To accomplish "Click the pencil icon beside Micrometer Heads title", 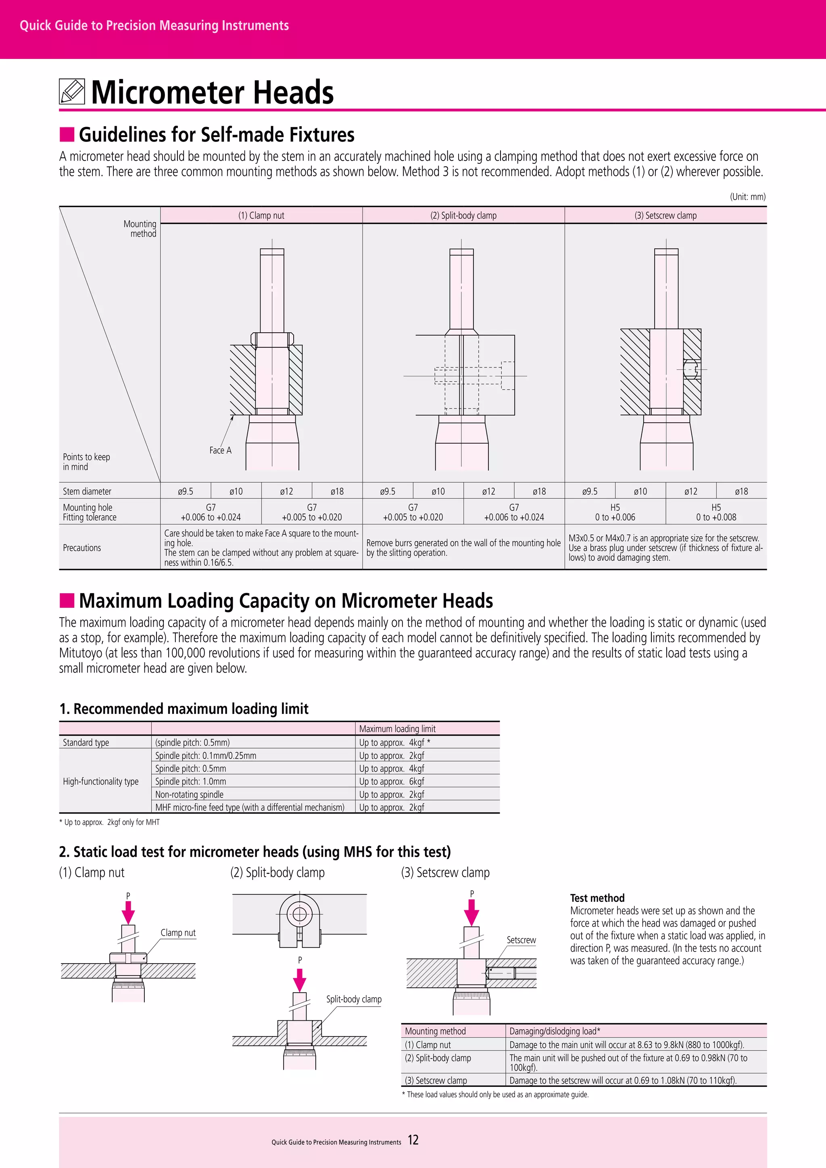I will pyautogui.click(x=72, y=92).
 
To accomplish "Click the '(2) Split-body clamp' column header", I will pyautogui.click(x=463, y=215).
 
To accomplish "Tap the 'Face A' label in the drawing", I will pyautogui.click(x=220, y=450).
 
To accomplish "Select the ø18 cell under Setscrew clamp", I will pyautogui.click(x=741, y=491).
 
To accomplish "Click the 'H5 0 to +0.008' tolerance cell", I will pyautogui.click(x=715, y=512).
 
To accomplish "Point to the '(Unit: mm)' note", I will pyautogui.click(x=747, y=197).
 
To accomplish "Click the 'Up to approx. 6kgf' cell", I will pyautogui.click(x=391, y=781).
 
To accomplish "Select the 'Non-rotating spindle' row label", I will pyautogui.click(x=189, y=795).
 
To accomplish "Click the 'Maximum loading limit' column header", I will pyautogui.click(x=397, y=729).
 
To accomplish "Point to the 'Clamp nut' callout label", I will pyautogui.click(x=178, y=932).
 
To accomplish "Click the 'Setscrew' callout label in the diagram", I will pyautogui.click(x=521, y=940).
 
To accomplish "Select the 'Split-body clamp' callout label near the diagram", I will pyautogui.click(x=353, y=999).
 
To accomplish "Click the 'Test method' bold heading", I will pyautogui.click(x=597, y=898).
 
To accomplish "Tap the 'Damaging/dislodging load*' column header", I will pyautogui.click(x=555, y=1031).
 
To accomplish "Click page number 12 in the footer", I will pyautogui.click(x=413, y=1140).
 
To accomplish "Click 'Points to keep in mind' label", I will pyautogui.click(x=86, y=461).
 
